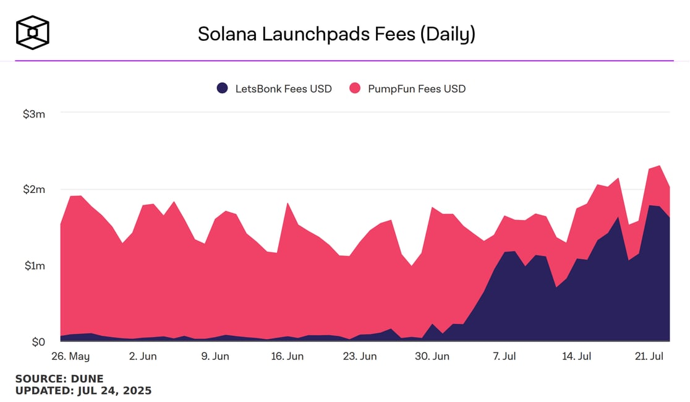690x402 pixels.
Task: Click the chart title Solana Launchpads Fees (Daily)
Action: pyautogui.click(x=336, y=34)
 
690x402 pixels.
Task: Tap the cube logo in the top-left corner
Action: pyautogui.click(x=33, y=32)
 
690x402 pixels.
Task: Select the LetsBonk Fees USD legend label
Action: pyautogui.click(x=283, y=88)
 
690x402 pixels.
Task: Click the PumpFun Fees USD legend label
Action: pyautogui.click(x=416, y=88)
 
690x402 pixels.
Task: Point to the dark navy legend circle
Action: pyautogui.click(x=223, y=88)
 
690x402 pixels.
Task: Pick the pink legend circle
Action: pyautogui.click(x=355, y=88)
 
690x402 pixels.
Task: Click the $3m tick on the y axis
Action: pyautogui.click(x=34, y=114)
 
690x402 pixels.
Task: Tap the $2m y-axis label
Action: pyautogui.click(x=34, y=189)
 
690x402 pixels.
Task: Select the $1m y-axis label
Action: pyautogui.click(x=34, y=265)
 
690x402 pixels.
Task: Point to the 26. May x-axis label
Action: pyautogui.click(x=70, y=357)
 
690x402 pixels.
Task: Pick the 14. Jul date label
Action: pyautogui.click(x=576, y=357)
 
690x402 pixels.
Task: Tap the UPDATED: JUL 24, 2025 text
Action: pyautogui.click(x=83, y=391)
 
